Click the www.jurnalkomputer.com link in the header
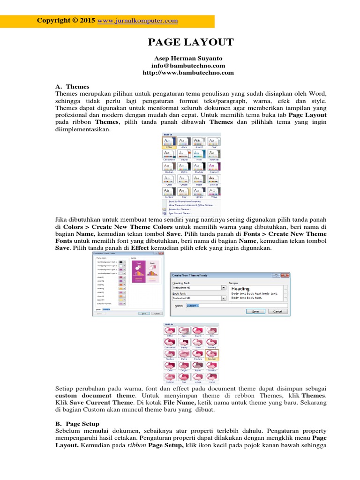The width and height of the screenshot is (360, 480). click(x=137, y=21)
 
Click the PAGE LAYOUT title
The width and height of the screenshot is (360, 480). click(x=191, y=42)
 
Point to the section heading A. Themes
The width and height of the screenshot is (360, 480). click(x=72, y=87)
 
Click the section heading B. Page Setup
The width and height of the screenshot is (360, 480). click(x=77, y=424)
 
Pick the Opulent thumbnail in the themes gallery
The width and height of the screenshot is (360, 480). click(x=213, y=166)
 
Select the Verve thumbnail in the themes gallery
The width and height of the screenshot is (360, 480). click(x=213, y=192)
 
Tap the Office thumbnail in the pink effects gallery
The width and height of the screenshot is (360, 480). click(x=170, y=331)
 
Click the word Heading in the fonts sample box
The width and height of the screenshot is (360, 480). click(x=240, y=289)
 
